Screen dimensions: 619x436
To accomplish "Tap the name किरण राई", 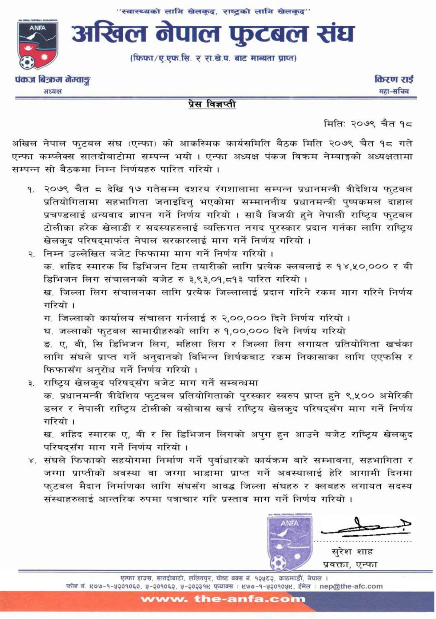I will (x=394, y=80).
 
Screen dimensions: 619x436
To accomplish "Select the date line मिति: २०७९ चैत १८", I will (x=368, y=124).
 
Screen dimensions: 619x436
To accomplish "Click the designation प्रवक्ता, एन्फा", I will (x=350, y=564).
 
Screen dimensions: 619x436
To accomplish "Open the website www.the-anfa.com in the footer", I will (x=223, y=599).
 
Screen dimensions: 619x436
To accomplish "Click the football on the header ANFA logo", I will (x=27, y=63).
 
